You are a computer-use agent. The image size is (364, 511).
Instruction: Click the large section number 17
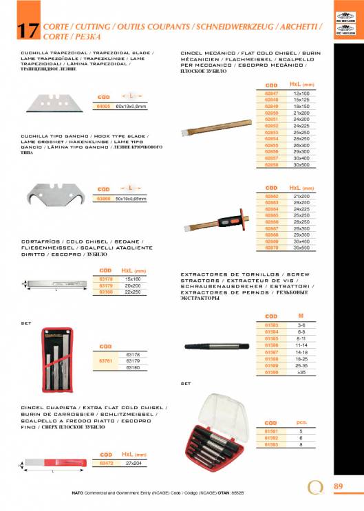26,30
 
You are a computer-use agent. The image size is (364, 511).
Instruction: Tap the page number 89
338,486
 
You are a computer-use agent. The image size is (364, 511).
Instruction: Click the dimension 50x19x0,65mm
131,199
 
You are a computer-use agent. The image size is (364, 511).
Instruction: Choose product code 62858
271,165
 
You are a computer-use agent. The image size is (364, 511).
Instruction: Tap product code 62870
271,248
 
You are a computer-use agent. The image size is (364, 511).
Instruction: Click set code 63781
106,360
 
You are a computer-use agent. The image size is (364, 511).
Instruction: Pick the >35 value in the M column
301,372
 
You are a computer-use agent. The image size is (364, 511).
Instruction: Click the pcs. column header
301,422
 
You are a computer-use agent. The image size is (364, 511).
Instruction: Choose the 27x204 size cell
131,463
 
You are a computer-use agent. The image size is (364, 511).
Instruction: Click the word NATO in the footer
78,493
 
